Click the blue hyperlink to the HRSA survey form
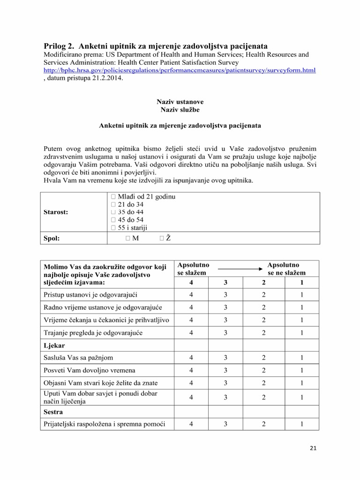coord(180,70)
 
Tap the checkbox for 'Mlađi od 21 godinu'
coord(112,197)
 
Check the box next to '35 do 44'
coord(112,212)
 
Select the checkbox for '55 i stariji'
coord(112,228)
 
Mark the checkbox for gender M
coord(128,238)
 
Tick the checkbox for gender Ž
coord(162,238)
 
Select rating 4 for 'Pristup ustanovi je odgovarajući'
coord(191,294)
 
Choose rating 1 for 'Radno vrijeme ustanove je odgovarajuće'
coord(301,307)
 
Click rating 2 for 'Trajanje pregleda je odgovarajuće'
coord(264,332)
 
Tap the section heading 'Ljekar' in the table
coord(54,345)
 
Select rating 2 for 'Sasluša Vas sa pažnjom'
coord(264,358)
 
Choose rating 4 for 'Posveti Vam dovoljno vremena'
coord(191,370)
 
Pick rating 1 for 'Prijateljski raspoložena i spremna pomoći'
coord(301,425)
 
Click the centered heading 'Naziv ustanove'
coord(180,102)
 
